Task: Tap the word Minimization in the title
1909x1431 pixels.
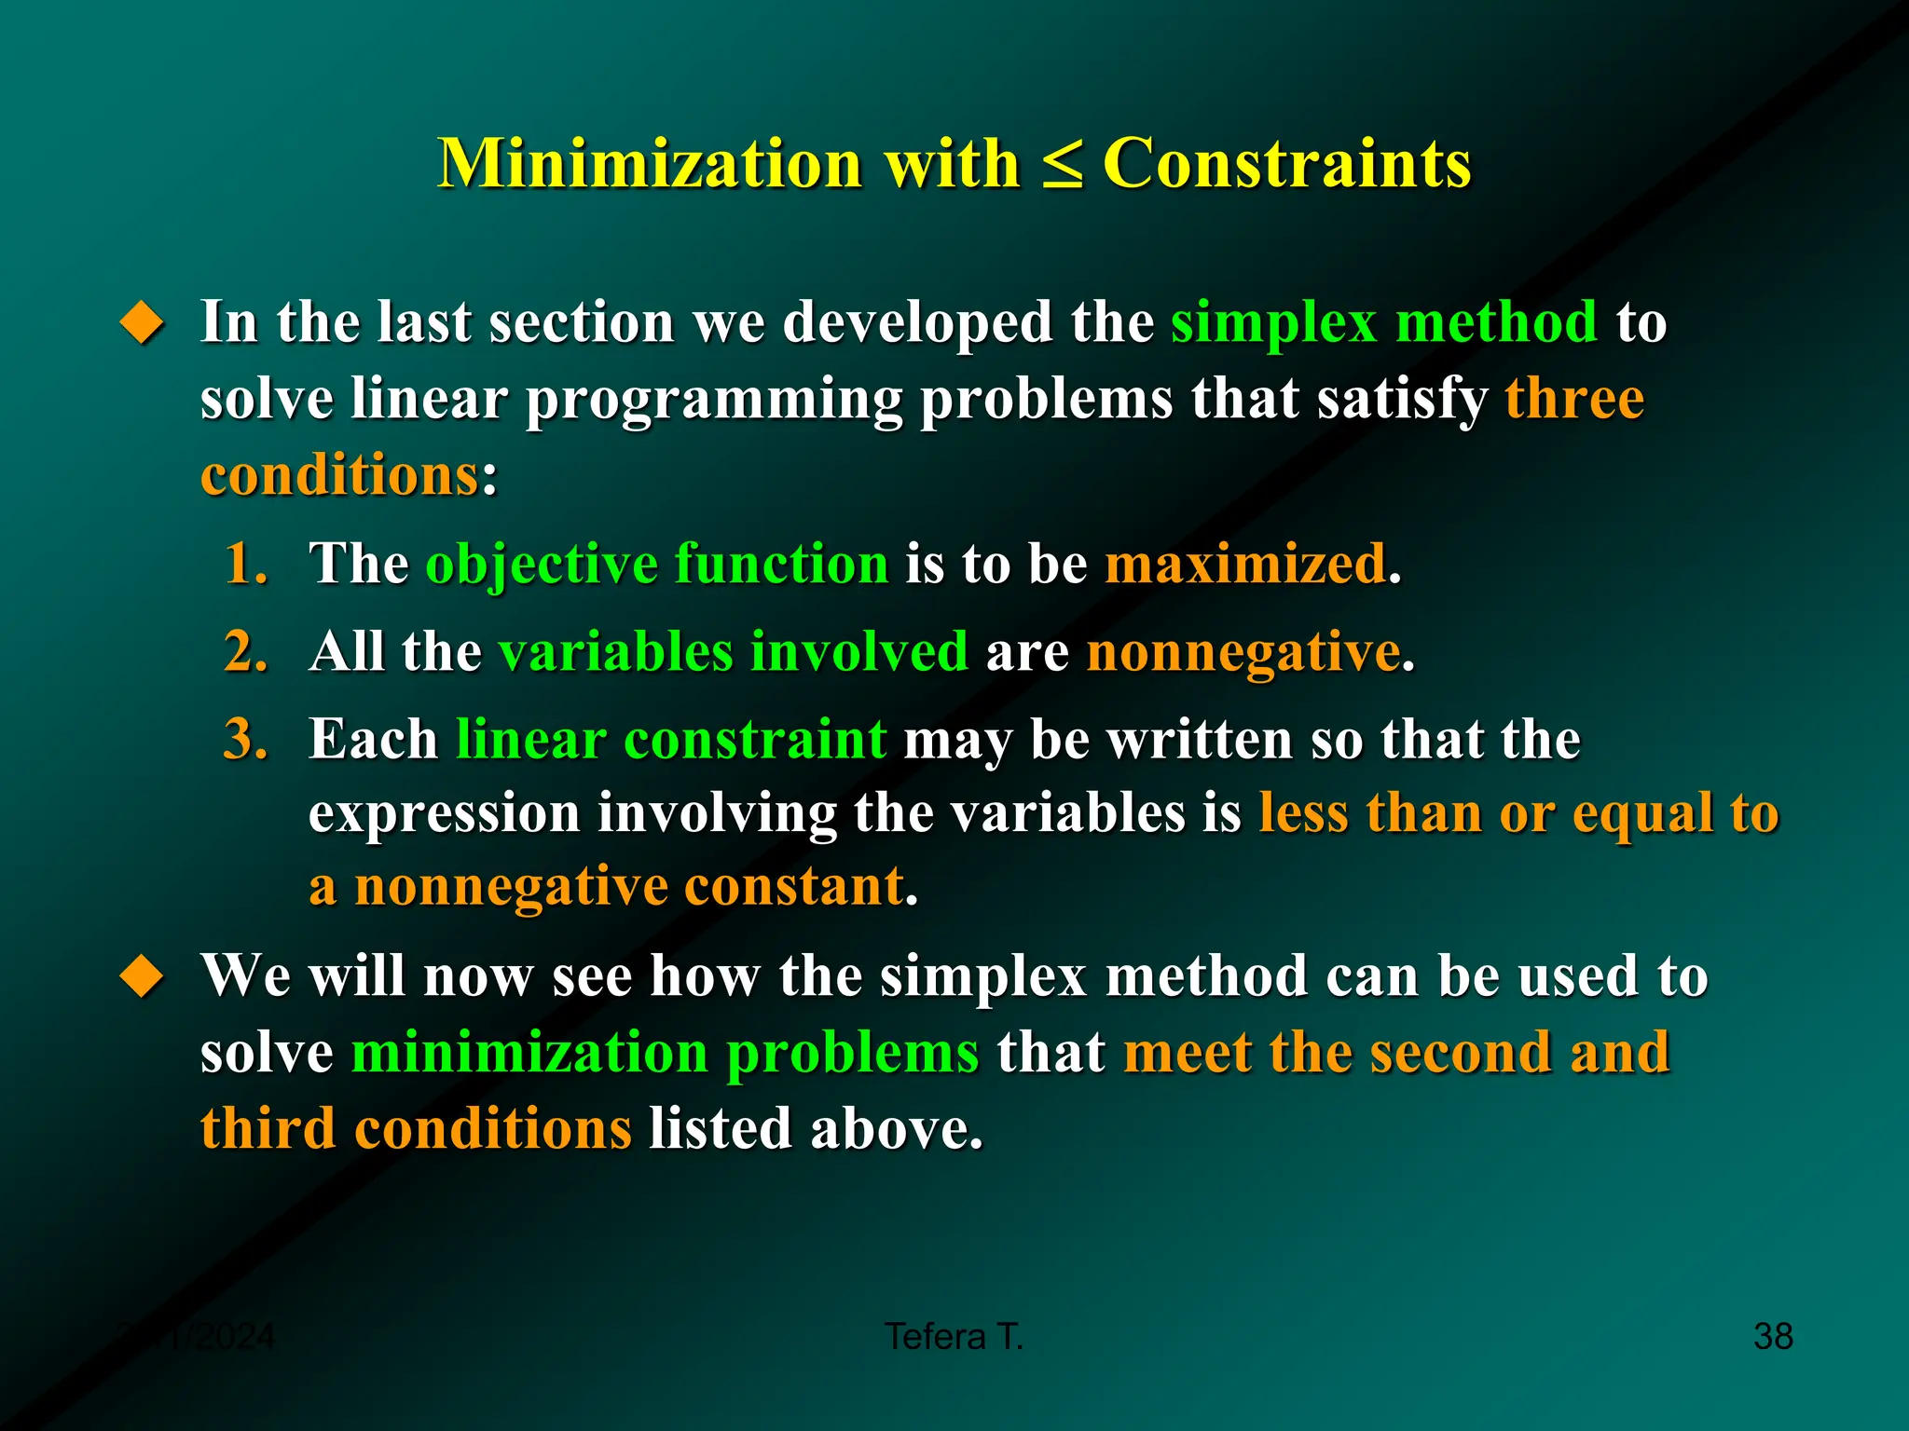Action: click(650, 164)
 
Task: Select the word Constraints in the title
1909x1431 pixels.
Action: click(1286, 164)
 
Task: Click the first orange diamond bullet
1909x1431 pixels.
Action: click(143, 323)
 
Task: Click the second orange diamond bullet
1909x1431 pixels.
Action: click(143, 977)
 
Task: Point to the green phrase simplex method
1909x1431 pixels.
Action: click(1383, 322)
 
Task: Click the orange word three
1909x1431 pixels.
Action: click(1573, 399)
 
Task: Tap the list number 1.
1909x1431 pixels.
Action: click(245, 564)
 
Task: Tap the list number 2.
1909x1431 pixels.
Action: click(245, 651)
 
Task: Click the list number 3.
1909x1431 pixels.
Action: click(245, 739)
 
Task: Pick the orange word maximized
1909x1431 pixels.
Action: click(1245, 564)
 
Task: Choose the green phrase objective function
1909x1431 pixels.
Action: click(657, 564)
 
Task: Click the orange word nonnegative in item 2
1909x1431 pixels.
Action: click(1243, 651)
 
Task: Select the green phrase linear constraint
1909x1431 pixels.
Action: click(670, 739)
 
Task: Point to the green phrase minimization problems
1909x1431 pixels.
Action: click(665, 1053)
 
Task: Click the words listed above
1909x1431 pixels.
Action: click(815, 1129)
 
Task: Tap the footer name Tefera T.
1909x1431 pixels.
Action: click(954, 1336)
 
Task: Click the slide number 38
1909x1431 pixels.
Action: click(1772, 1336)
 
